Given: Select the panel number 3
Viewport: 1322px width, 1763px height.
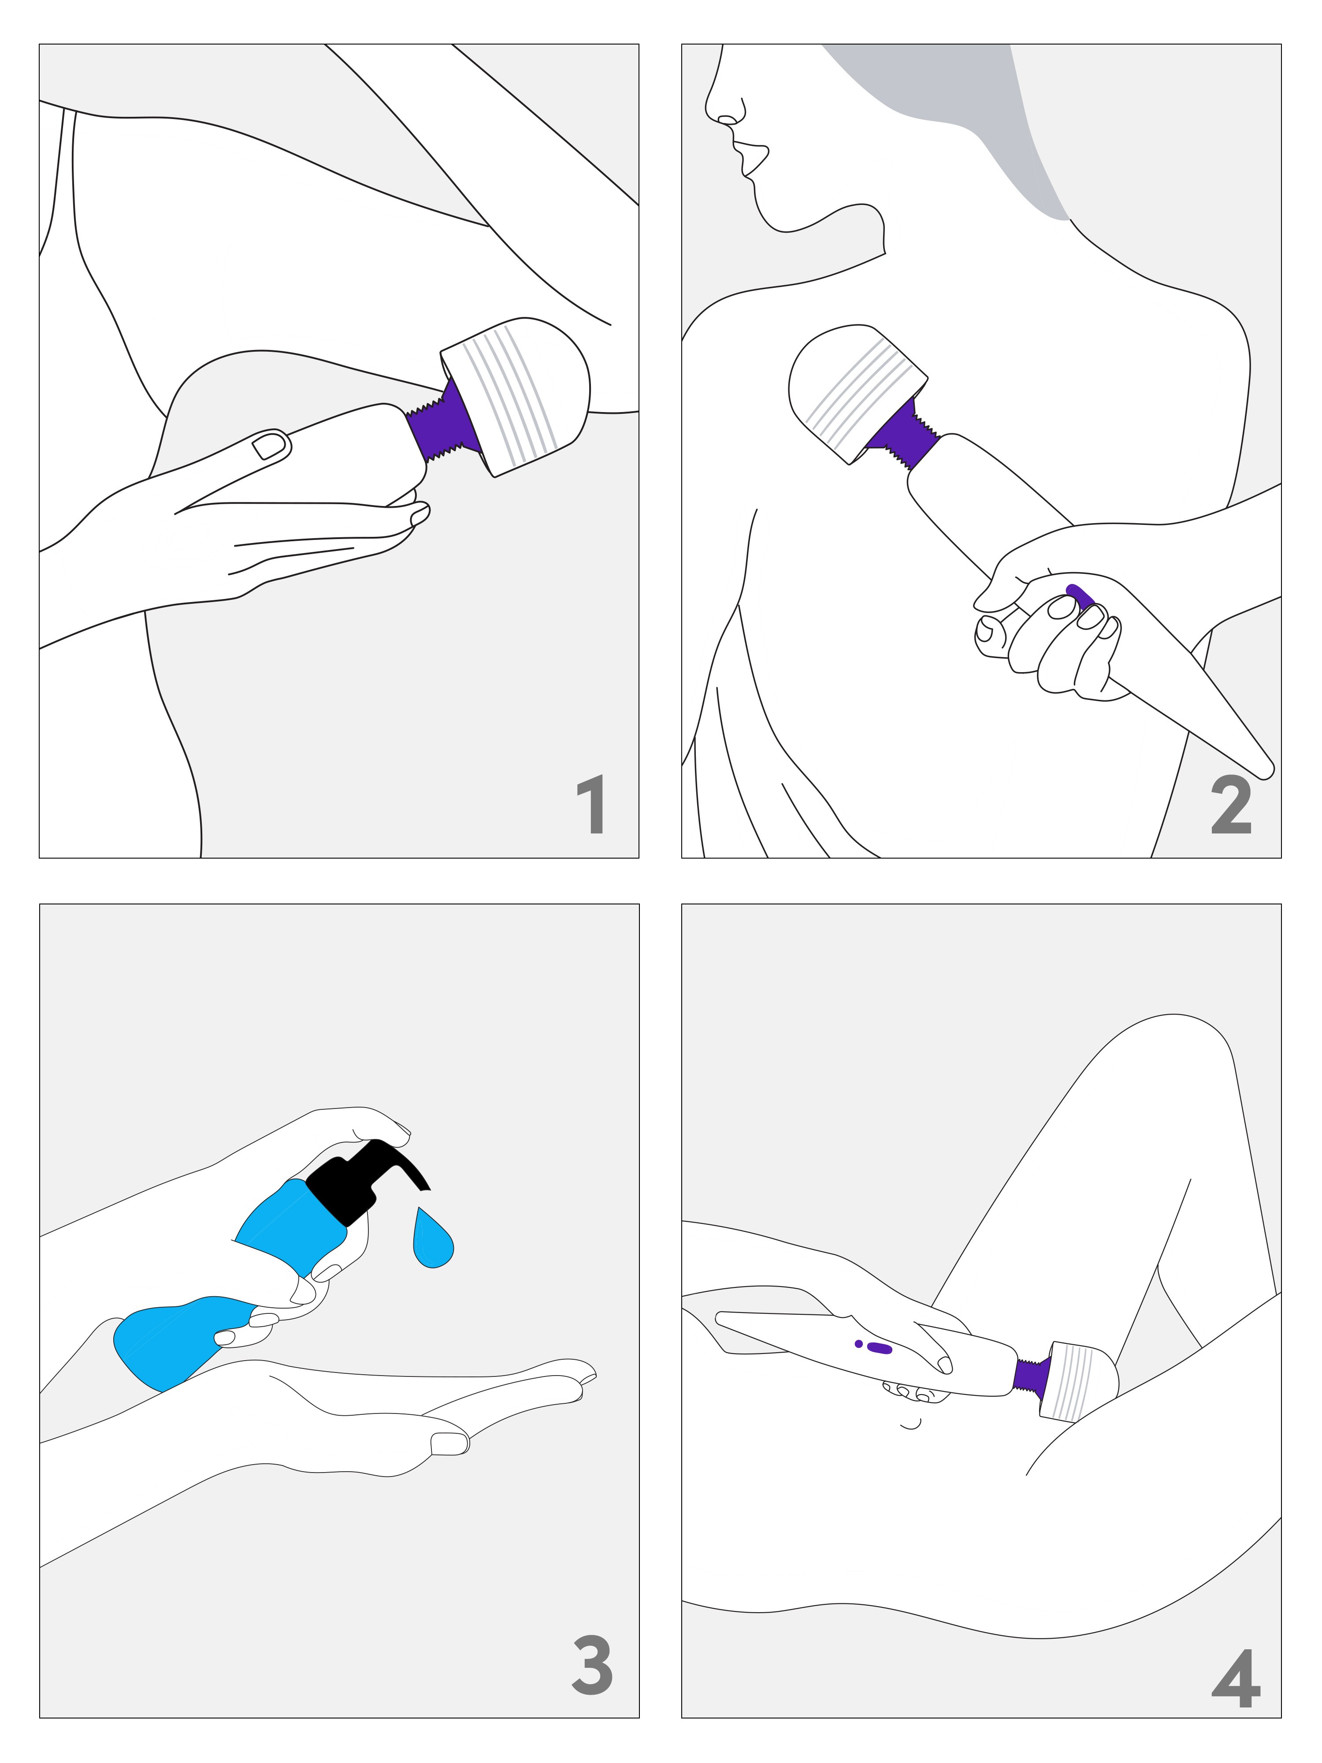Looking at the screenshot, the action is click(x=593, y=1665).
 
